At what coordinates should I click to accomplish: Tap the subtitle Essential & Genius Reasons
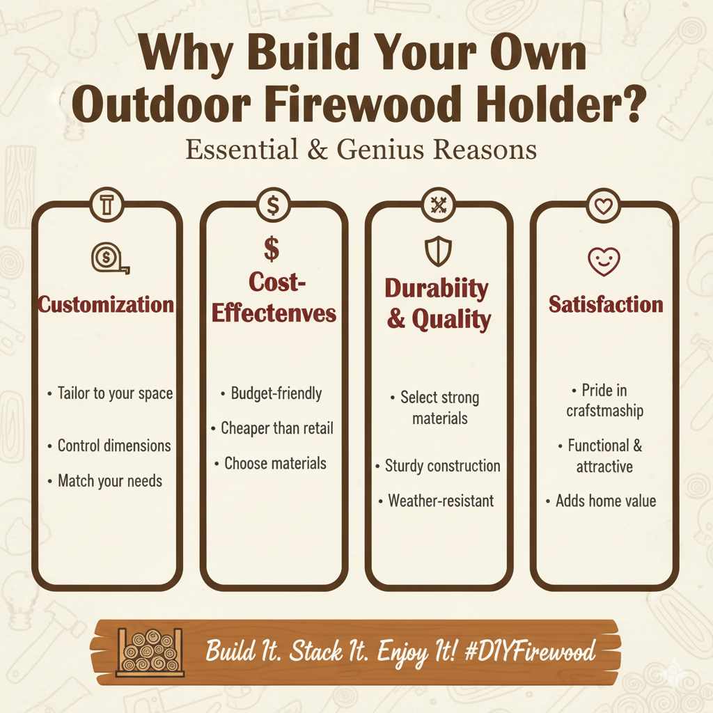coord(361,150)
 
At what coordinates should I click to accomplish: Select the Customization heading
coord(106,304)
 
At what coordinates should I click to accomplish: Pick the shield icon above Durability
coord(439,251)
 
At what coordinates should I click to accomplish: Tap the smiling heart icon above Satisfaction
coord(604,261)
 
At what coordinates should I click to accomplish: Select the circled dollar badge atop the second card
coord(273,205)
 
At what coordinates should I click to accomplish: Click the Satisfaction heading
coord(606,304)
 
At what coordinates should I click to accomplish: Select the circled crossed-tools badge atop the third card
coord(439,205)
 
